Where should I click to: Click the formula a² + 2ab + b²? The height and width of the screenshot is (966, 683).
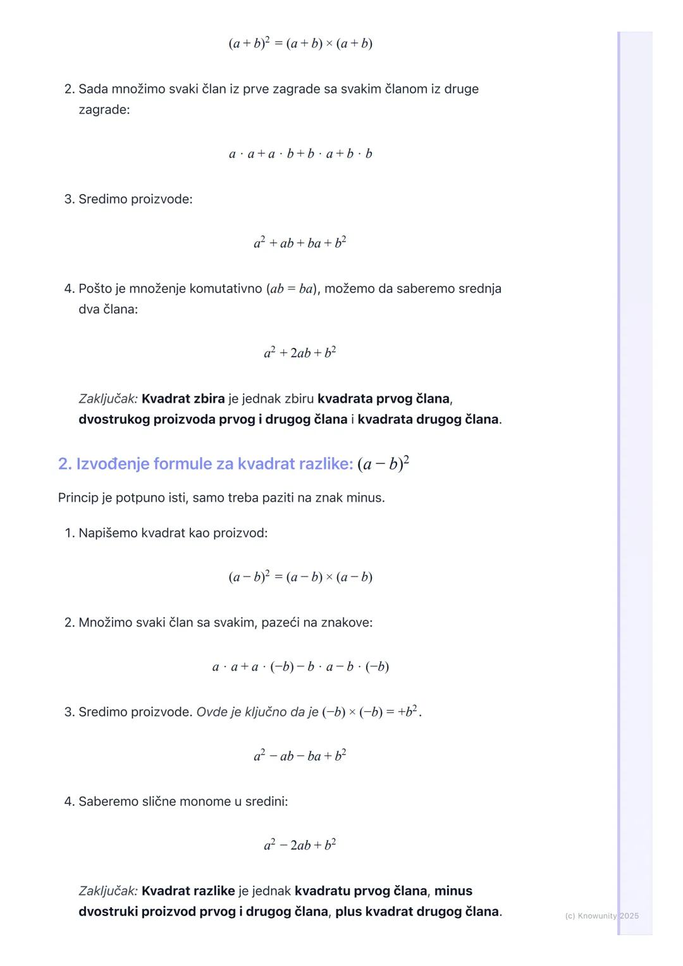(300, 353)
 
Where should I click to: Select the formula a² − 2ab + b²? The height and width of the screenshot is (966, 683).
(300, 845)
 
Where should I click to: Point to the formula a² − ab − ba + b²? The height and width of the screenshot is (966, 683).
(300, 756)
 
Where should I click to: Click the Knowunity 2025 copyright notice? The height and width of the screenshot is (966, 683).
(601, 916)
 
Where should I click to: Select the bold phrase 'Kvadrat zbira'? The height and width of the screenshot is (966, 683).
(183, 399)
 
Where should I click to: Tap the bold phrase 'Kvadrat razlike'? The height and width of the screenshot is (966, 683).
(188, 891)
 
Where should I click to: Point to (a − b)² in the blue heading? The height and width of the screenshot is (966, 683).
(383, 464)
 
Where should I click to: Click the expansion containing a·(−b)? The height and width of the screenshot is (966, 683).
(300, 667)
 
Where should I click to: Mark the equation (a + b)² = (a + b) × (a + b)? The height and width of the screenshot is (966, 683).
(300, 44)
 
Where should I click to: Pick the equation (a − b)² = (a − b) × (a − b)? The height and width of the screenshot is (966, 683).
(300, 577)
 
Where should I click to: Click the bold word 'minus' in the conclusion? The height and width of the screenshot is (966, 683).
(453, 891)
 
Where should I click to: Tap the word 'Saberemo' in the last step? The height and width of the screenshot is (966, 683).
(107, 802)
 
